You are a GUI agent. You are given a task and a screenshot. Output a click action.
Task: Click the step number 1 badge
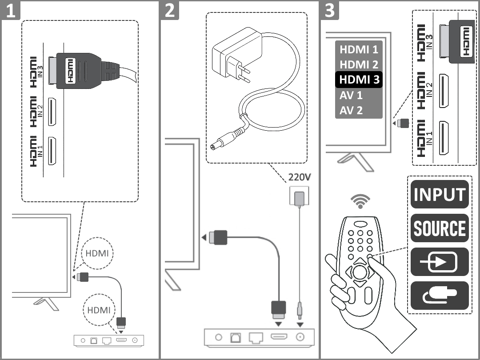(x=10, y=10)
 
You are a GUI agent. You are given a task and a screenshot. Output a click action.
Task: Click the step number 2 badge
(x=170, y=10)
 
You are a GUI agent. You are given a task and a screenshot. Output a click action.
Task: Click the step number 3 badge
(x=329, y=10)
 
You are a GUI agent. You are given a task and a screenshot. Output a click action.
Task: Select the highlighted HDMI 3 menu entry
(x=359, y=80)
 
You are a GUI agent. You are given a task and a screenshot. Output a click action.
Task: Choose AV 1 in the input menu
(x=351, y=95)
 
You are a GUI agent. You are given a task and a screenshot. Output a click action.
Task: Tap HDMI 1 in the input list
(x=359, y=49)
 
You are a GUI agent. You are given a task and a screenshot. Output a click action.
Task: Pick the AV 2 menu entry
(x=351, y=110)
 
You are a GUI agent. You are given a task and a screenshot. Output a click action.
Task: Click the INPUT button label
(x=440, y=194)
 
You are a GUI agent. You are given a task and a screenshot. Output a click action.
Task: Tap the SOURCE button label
(x=440, y=228)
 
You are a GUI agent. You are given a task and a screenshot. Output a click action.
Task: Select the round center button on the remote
(x=360, y=272)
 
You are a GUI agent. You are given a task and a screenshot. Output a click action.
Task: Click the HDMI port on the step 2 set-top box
(x=279, y=337)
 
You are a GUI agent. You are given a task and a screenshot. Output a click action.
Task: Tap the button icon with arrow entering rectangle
(x=440, y=262)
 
